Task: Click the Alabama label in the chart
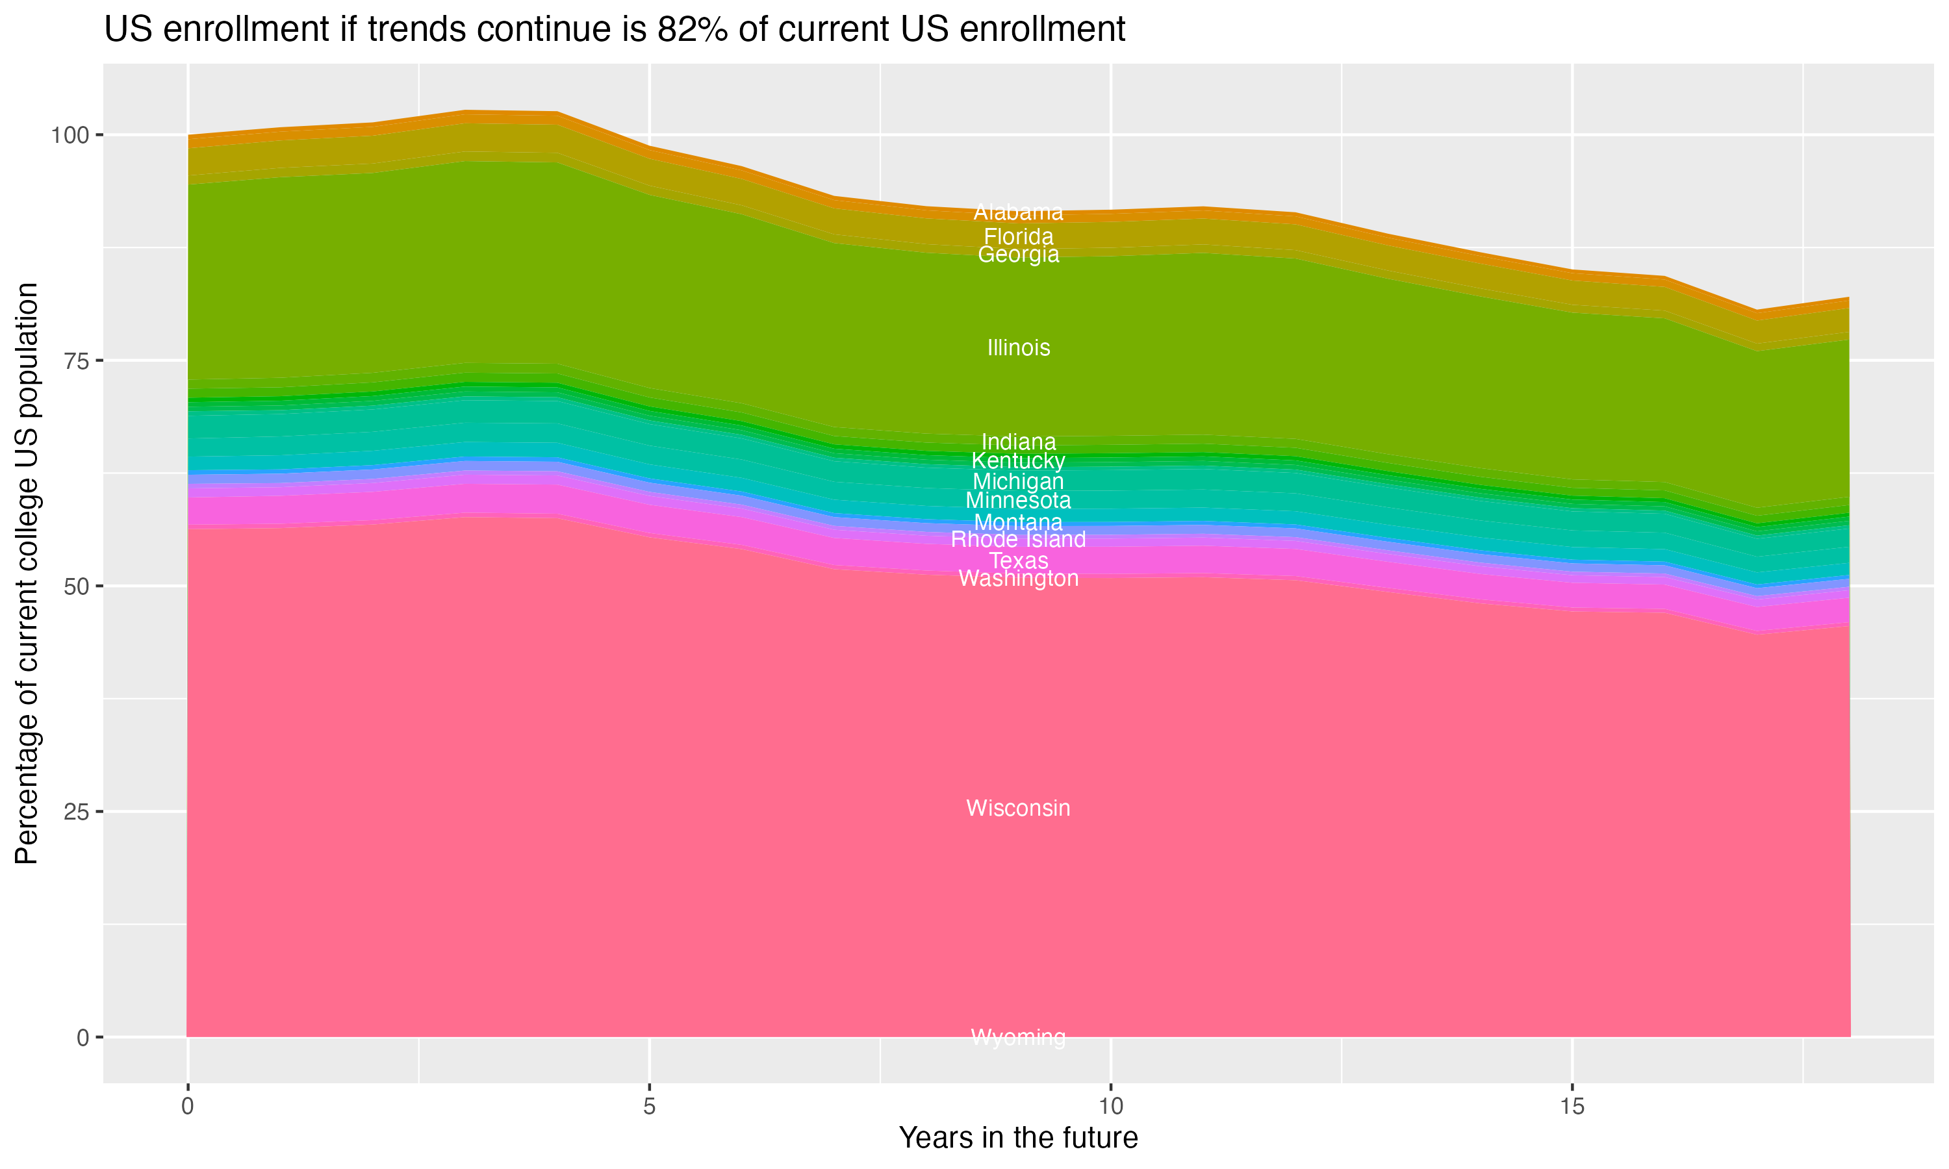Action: point(1018,212)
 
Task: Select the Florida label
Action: point(1018,236)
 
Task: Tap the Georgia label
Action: point(1018,255)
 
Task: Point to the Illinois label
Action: point(1018,347)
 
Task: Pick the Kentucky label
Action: point(1018,461)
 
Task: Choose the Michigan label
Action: point(1018,481)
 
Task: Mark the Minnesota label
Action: point(1018,500)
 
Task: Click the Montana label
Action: point(1018,522)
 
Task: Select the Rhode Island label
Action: point(1018,540)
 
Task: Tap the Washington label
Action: point(1018,579)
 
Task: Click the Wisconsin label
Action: point(1018,808)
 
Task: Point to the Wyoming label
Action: point(1018,1037)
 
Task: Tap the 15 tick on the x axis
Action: point(1572,1107)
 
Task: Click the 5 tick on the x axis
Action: point(649,1107)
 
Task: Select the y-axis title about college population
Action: point(27,573)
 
